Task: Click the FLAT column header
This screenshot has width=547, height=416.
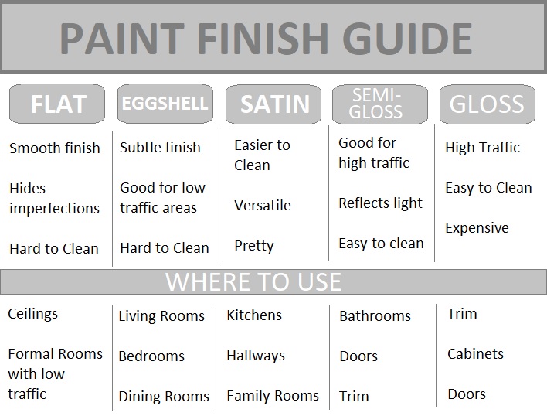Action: point(58,104)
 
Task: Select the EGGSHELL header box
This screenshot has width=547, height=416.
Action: point(165,104)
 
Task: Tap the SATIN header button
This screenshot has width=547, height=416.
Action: point(273,104)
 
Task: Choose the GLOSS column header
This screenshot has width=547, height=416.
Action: point(487,104)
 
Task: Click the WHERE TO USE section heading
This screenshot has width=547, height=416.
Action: point(253,281)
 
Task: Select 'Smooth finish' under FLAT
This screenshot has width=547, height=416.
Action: point(55,148)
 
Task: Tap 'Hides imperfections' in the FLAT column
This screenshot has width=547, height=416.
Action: point(54,198)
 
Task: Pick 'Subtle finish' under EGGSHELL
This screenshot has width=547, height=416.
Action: point(160,147)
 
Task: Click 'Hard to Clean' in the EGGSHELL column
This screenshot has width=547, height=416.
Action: point(165,248)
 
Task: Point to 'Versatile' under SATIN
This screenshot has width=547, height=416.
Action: point(263,205)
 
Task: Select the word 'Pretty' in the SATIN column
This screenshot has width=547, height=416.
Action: point(254,246)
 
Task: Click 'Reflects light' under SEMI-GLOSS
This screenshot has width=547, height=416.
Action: point(381,203)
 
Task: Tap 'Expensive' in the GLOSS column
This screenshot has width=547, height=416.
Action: point(477,228)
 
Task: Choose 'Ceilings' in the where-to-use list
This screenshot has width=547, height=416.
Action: point(33,314)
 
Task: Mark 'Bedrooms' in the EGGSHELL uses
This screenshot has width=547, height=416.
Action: point(151,356)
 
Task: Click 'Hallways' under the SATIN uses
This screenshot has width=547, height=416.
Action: point(256,356)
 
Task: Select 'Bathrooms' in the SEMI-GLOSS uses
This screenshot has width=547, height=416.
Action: point(375,316)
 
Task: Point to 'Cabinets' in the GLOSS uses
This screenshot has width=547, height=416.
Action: point(475,354)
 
